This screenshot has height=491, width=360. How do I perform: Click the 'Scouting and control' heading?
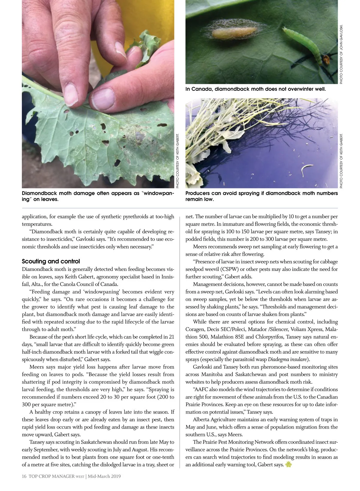point(51,261)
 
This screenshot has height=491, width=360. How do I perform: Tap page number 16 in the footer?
point(24,476)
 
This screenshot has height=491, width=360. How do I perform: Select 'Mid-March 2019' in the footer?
point(104,476)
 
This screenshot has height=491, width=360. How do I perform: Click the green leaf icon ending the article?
point(289,464)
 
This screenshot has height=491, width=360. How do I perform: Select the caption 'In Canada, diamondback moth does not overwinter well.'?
point(256,89)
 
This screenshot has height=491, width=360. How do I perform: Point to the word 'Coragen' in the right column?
point(195,329)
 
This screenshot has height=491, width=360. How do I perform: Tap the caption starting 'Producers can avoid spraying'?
point(261,196)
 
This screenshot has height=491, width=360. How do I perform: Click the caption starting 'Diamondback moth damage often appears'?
point(98,196)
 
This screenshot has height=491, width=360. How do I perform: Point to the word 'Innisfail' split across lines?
point(167,277)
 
